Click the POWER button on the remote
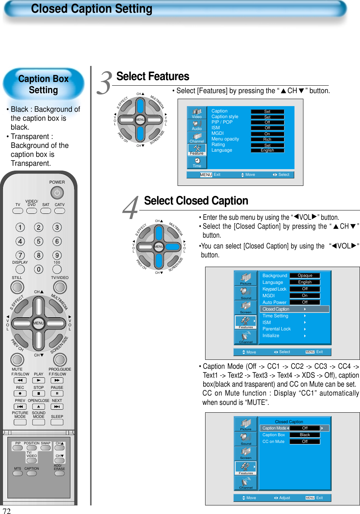(57, 193)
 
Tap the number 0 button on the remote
(39, 269)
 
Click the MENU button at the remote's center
(38, 323)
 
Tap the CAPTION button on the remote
(32, 473)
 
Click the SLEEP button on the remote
(57, 422)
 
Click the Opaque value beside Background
(305, 276)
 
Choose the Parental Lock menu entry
(277, 329)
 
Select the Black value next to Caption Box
(305, 435)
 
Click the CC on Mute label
(273, 442)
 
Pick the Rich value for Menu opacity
(267, 139)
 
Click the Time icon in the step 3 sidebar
(197, 163)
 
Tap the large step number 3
(105, 83)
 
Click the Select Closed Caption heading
(196, 201)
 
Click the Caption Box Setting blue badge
(44, 85)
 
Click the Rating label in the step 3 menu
(218, 145)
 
